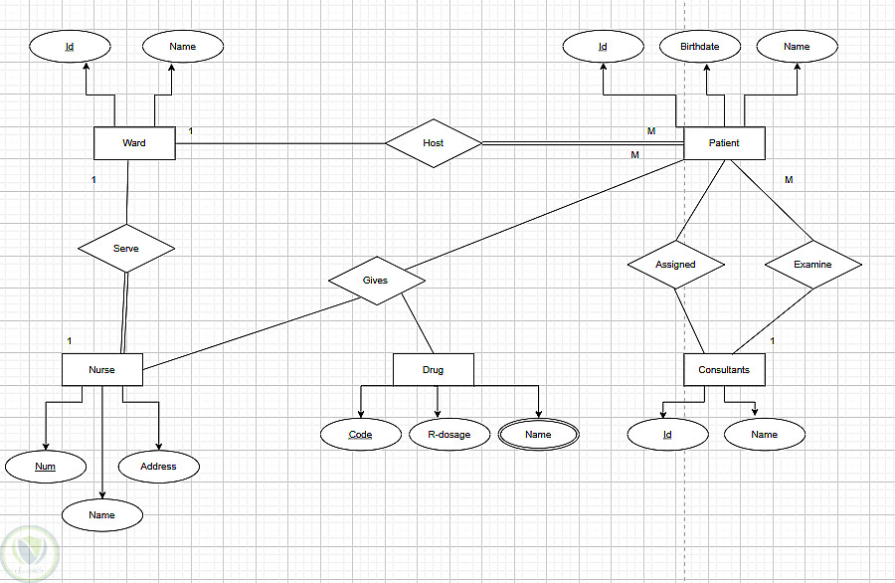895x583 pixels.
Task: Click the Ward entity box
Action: [134, 143]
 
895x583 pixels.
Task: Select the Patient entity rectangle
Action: [724, 143]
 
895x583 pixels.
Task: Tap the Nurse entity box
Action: [101, 369]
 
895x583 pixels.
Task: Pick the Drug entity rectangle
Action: [433, 370]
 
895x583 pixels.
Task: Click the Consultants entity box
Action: [724, 370]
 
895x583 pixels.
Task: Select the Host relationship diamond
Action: [433, 143]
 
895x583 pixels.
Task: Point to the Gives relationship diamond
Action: [375, 281]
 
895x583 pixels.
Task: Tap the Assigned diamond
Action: [675, 265]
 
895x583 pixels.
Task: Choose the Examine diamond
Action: [812, 265]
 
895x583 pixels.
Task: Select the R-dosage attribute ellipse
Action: [449, 435]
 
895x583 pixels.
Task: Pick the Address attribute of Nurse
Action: [158, 466]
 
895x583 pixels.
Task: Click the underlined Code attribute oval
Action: [360, 435]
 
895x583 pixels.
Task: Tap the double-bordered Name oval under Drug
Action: [538, 435]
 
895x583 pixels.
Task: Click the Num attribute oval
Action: [45, 466]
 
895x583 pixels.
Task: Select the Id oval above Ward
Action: [70, 47]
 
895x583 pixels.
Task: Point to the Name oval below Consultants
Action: [764, 435]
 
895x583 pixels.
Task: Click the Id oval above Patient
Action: [603, 47]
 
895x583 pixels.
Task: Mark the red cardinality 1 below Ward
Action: [93, 180]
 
